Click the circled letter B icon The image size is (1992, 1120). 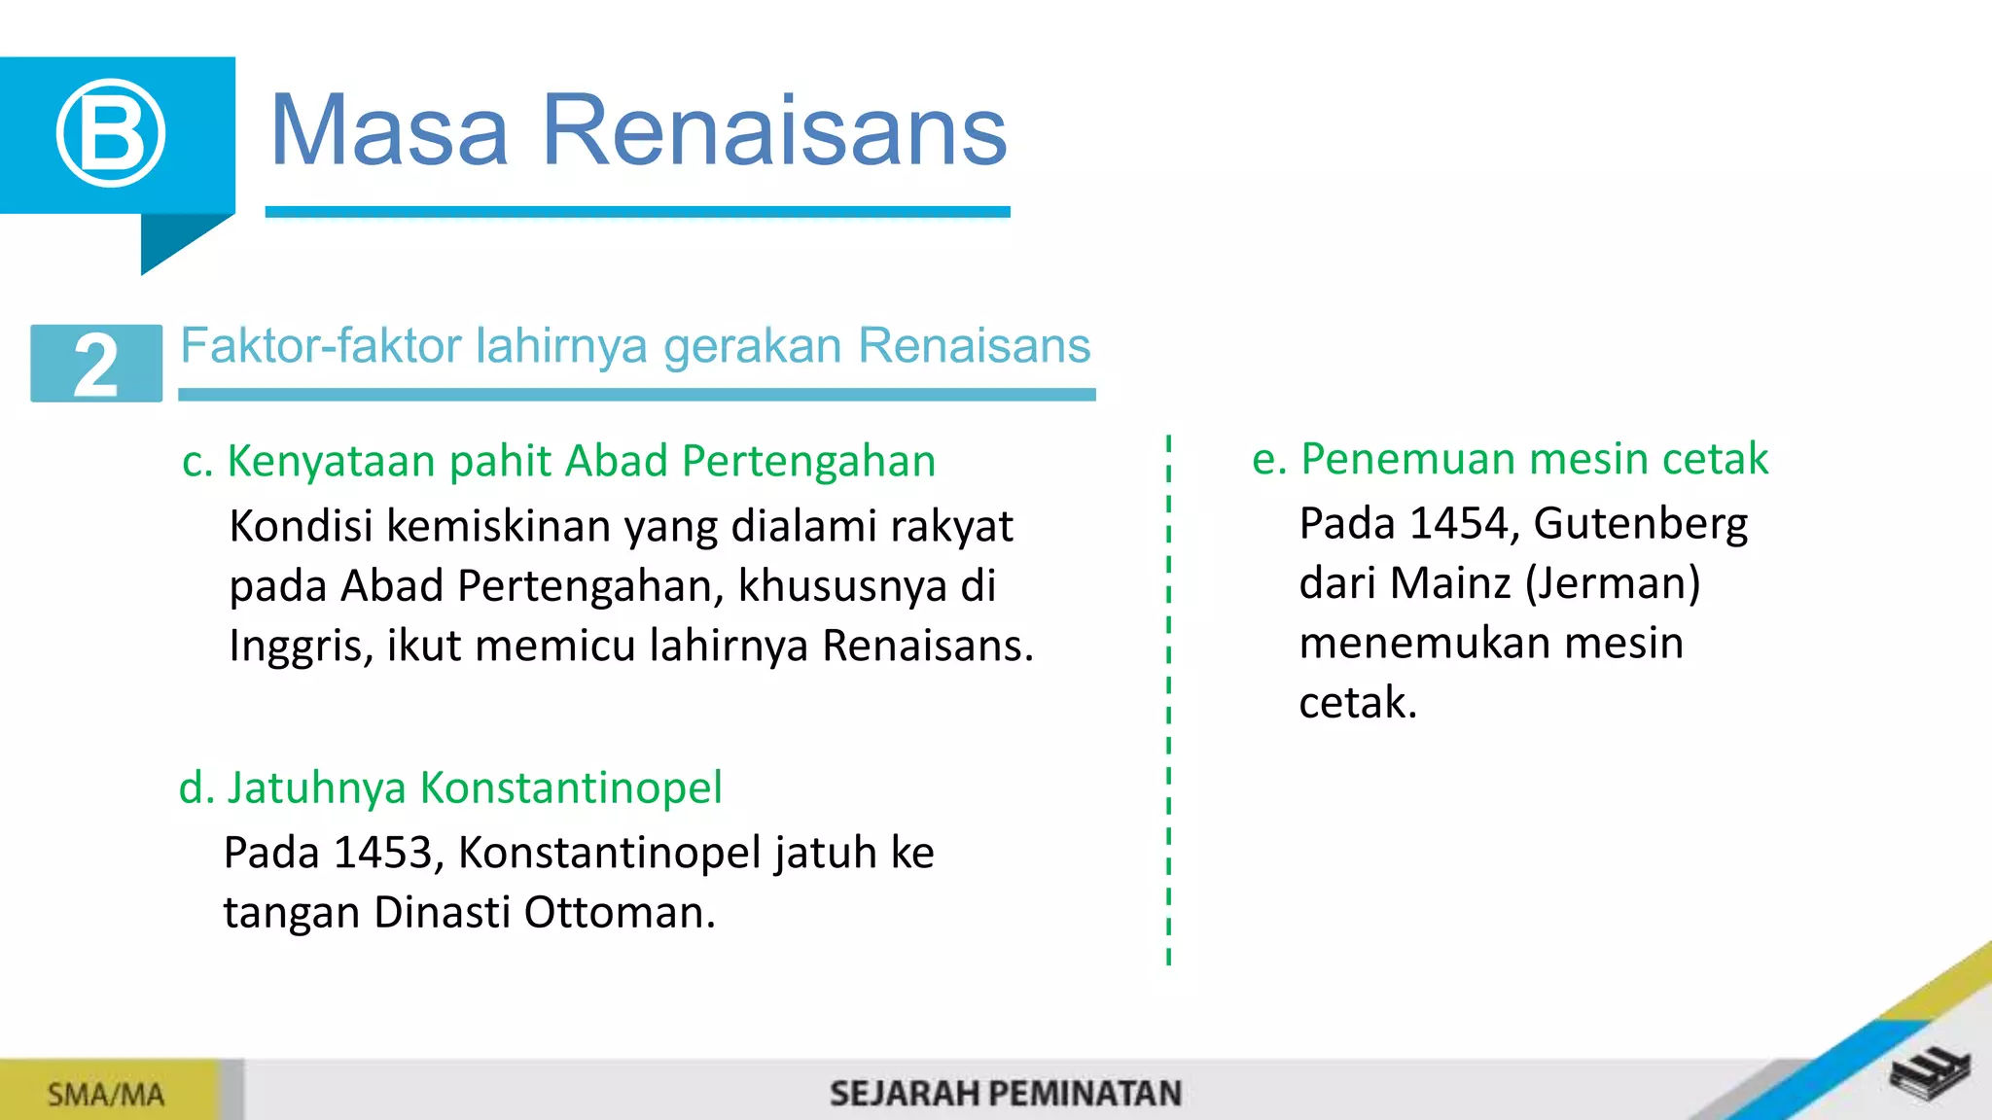point(110,132)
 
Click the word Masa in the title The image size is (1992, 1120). point(388,130)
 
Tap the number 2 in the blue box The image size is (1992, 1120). point(96,365)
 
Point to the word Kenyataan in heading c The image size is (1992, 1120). point(330,461)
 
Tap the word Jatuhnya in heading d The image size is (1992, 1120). point(316,787)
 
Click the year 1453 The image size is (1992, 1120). point(381,853)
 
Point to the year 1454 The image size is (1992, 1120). point(1458,523)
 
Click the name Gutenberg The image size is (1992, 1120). point(1640,525)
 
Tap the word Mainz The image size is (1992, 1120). point(1450,583)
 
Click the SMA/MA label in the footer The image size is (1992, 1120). point(105,1095)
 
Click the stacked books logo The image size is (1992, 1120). point(1930,1073)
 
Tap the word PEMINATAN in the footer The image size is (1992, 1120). point(1088,1094)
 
